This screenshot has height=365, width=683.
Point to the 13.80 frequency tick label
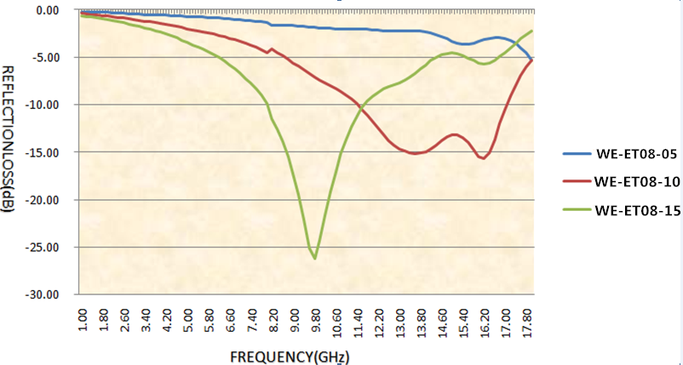tap(421, 320)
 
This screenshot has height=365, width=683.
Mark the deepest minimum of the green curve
tap(315, 258)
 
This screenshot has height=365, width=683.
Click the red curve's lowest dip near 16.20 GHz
tap(484, 158)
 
